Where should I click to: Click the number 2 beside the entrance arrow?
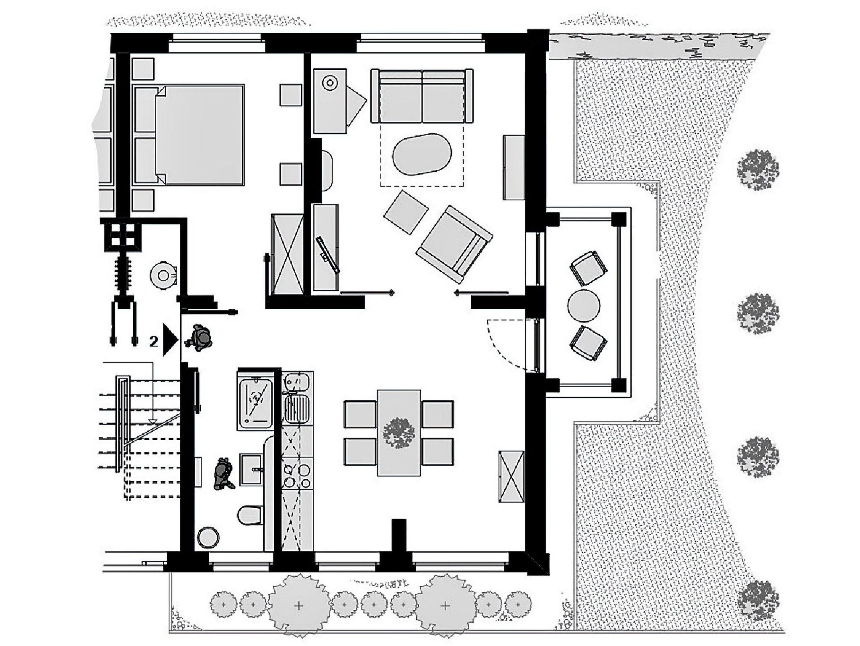point(154,342)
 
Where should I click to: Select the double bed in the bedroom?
point(200,135)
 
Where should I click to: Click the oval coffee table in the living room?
point(422,155)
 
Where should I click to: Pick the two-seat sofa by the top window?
point(422,96)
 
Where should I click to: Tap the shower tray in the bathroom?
point(255,403)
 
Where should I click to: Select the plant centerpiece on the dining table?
point(399,433)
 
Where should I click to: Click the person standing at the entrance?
point(199,337)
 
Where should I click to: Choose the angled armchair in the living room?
point(454,244)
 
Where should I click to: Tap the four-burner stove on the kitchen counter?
point(297,474)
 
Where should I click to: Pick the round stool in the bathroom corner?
point(208,538)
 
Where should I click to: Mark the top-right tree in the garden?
point(758,170)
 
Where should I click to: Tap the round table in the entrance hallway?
point(163,275)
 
